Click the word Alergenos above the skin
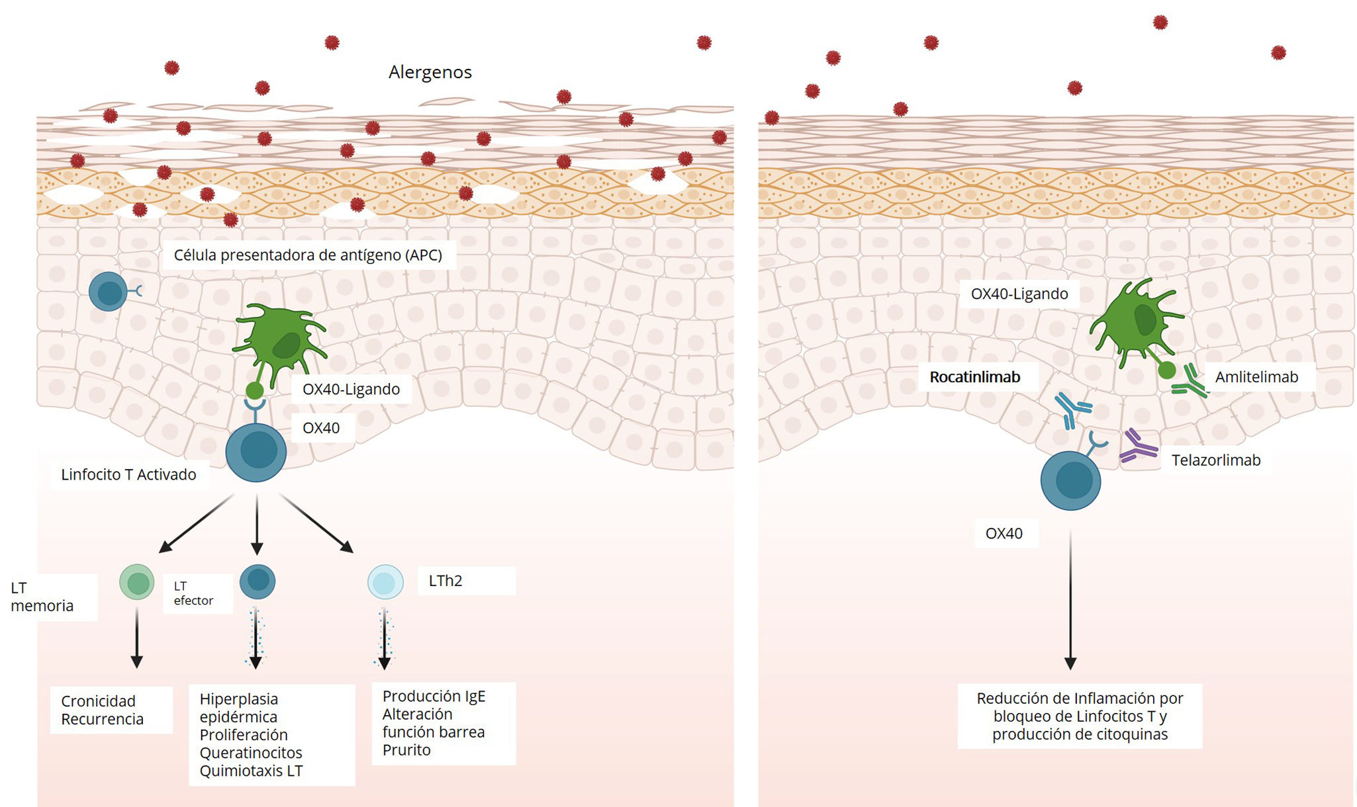click(430, 72)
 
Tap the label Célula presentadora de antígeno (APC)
click(308, 255)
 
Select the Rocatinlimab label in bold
click(974, 377)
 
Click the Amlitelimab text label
click(1256, 377)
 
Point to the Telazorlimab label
click(1215, 460)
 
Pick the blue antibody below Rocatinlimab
click(1072, 409)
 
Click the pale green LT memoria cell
click(137, 582)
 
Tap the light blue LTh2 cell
click(385, 582)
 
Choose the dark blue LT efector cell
click(257, 581)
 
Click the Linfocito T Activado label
click(128, 475)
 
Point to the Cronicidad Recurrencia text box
click(111, 710)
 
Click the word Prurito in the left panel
click(406, 750)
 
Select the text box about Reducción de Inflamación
click(1079, 716)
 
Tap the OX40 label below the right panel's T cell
click(1004, 534)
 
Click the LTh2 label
click(445, 581)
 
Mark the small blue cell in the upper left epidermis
click(109, 292)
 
